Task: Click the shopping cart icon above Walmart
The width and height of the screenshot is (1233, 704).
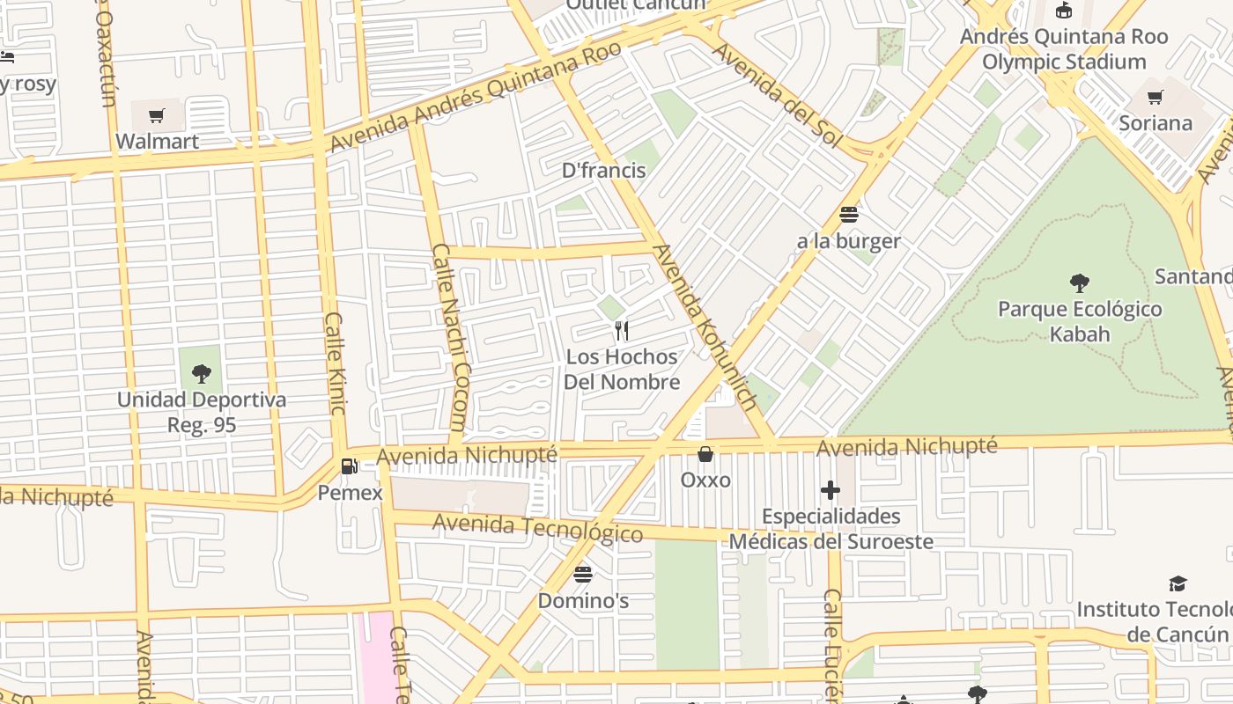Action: pos(157,115)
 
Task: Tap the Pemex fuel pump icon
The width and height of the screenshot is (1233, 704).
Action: pos(350,466)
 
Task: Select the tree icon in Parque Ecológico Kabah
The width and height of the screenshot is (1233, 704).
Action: pos(1079,283)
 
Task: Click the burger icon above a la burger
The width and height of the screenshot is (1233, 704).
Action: pos(849,214)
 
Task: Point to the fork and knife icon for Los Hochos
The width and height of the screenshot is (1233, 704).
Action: pos(622,331)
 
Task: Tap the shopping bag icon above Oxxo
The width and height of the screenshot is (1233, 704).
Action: pos(705,454)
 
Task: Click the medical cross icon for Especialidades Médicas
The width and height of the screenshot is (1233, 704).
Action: pos(830,490)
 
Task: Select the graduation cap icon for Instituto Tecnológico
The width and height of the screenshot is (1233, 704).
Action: pos(1178,583)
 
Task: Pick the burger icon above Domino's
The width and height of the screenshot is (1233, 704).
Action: pos(582,575)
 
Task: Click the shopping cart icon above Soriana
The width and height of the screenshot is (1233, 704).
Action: pos(1155,97)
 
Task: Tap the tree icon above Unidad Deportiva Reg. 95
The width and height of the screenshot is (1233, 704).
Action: pos(201,374)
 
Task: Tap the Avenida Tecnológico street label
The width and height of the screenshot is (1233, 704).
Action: pos(537,528)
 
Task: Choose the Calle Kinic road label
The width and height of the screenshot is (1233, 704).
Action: pos(336,363)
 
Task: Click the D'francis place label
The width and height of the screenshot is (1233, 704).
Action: pos(604,171)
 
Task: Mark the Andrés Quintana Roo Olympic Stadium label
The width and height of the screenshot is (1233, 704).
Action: pos(1064,49)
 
